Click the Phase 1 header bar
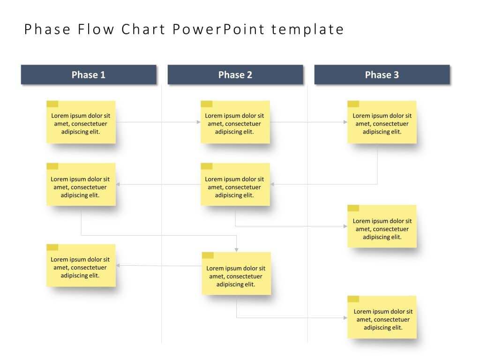tap(89, 75)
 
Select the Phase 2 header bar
tap(235, 75)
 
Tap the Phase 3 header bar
tap(382, 75)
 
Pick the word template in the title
tap(307, 30)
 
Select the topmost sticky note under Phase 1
tap(81, 122)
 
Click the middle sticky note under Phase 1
tap(81, 185)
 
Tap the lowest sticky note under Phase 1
tap(81, 266)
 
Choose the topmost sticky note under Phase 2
tap(235, 122)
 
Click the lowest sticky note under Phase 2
tap(236, 274)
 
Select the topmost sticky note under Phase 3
tap(382, 122)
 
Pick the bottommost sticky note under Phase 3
tap(382, 317)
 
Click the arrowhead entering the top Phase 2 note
tap(198, 122)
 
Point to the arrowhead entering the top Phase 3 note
tap(345, 122)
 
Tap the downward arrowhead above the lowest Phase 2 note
tap(237, 249)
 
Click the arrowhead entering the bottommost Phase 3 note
tap(345, 318)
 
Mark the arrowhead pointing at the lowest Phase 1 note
tap(118, 266)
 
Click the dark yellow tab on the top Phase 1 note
tap(52, 104)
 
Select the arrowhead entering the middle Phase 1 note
tap(118, 184)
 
